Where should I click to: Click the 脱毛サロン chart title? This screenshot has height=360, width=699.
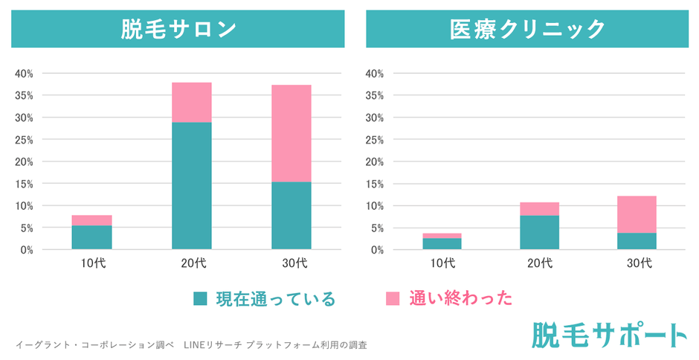pos(178,29)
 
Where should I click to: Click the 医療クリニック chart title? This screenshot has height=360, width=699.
pos(527,29)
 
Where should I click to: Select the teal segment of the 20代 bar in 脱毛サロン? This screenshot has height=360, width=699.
pos(191,186)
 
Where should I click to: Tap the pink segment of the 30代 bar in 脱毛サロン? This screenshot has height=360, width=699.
pos(291,134)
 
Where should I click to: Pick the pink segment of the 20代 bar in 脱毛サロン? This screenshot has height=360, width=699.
pos(191,103)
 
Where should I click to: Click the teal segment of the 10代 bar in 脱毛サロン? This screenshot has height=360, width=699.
pos(92,237)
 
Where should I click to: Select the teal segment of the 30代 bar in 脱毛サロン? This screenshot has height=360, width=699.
pos(291,216)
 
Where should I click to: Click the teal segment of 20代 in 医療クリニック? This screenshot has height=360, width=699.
pos(539,232)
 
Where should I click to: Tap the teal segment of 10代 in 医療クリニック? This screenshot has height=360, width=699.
pos(441,243)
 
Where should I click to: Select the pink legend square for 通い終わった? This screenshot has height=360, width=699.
pos(393,299)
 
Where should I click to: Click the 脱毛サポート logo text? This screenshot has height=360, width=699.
pos(609,335)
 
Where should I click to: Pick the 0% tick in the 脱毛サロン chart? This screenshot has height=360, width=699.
pos(26,250)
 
